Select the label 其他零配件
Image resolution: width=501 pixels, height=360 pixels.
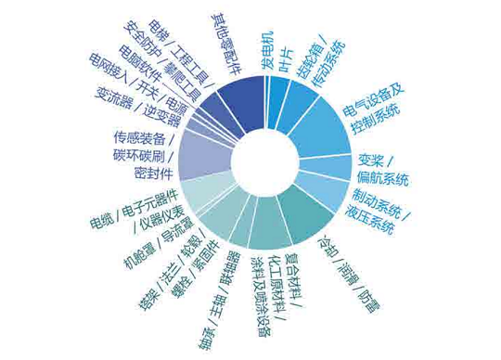click(x=225, y=42)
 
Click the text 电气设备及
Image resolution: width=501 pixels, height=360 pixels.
click(x=376, y=101)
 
